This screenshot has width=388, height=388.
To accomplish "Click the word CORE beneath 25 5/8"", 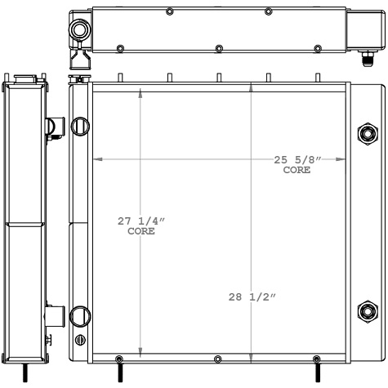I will pos(297,171).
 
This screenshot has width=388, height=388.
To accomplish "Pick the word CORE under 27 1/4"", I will pos(140,232).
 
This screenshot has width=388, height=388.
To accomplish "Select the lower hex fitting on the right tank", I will pos(366,310).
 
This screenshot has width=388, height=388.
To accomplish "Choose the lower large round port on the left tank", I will pos(80,315).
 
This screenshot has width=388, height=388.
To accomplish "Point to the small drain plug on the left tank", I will pos(79,340).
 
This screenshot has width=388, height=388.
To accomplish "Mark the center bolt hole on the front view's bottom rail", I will pos(217,360).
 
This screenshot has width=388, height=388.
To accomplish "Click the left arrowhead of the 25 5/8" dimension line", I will pos(96,158).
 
